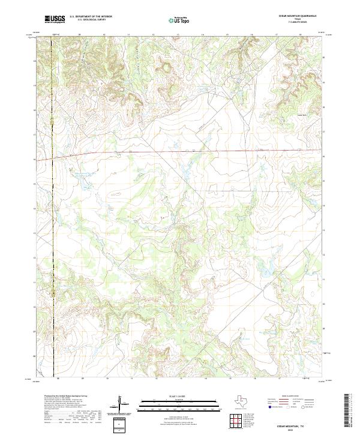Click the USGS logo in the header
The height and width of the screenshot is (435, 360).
pos(55,19)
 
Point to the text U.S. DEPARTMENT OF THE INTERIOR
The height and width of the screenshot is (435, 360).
pos(91,17)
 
